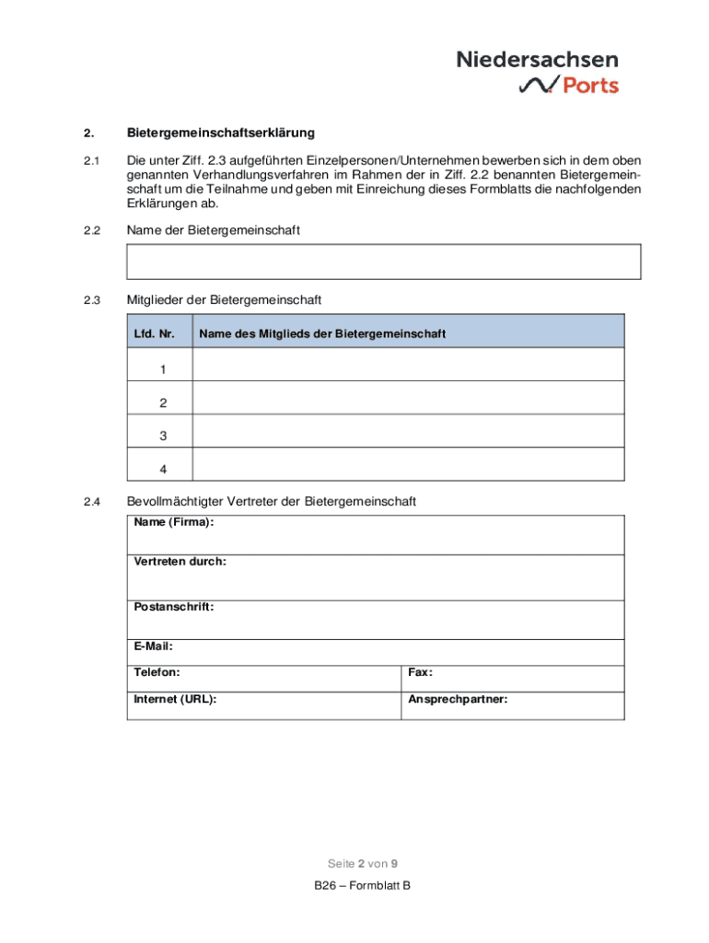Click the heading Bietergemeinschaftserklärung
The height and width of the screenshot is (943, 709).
coord(220,134)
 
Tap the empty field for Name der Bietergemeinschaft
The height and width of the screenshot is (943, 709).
coord(383,262)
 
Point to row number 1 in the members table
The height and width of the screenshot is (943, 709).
coord(163,369)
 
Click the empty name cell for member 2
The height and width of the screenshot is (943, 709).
coord(408,402)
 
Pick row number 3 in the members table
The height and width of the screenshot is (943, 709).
coord(163,437)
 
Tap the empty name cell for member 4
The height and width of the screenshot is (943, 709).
coord(408,469)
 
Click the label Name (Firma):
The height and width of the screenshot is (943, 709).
coord(174,522)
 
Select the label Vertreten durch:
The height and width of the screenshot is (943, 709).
coord(180,561)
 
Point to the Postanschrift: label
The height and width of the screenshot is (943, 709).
coord(174,607)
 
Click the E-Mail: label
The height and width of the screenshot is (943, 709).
coord(154,646)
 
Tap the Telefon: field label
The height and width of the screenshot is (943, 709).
coord(157,673)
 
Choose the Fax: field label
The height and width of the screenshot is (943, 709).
coord(421,673)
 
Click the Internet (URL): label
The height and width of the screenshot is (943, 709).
coord(176,699)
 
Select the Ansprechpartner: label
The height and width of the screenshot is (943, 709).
coord(458,699)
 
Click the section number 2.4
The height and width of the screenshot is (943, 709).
coord(90,502)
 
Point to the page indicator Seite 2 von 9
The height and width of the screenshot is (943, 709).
coord(363,864)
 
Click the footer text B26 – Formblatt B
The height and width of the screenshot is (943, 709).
coord(361,886)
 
